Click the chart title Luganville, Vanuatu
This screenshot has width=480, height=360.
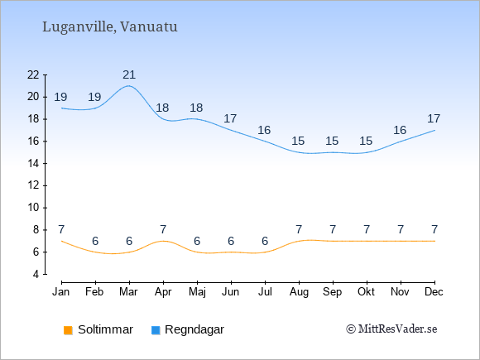[110, 27]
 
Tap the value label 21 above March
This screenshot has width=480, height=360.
[129, 74]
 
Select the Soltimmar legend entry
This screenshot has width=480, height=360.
[98, 329]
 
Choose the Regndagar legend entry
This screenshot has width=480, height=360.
[188, 329]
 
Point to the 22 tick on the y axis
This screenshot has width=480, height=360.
[33, 74]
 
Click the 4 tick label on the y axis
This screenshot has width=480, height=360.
[36, 274]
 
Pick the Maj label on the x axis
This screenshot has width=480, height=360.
[197, 292]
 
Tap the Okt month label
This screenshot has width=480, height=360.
[366, 292]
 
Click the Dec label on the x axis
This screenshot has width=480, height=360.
[434, 292]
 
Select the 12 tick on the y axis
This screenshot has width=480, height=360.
[33, 185]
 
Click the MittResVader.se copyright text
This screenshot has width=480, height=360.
[391, 329]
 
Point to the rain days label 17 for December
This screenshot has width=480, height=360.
[434, 118]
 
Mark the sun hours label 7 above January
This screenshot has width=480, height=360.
[61, 229]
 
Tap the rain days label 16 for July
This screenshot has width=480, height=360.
[264, 131]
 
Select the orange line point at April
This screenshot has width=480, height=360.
[163, 241]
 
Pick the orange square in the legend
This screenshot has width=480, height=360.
[68, 330]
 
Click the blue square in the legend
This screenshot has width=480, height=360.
[156, 330]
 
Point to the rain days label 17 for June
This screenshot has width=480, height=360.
[230, 118]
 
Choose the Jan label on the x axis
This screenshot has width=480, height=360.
[61, 292]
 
